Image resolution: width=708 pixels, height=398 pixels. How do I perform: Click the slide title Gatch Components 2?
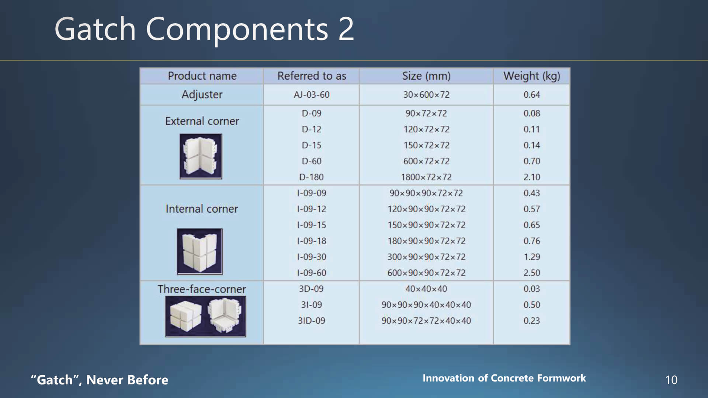click(204, 29)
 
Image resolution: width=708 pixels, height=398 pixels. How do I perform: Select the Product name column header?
click(202, 76)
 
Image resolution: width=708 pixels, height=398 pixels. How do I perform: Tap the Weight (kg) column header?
click(532, 76)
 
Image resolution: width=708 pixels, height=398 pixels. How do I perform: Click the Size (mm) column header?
click(426, 76)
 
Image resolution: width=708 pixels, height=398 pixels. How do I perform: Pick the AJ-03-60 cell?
click(312, 95)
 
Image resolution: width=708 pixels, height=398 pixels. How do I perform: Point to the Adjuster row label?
click(202, 95)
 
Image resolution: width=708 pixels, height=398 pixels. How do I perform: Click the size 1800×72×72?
click(426, 177)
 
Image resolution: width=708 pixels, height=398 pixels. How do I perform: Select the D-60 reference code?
click(312, 161)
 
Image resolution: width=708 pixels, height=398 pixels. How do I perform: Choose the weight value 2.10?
click(532, 177)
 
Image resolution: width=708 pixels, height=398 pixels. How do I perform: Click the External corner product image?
click(201, 156)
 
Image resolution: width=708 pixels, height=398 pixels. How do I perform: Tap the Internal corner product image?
click(200, 251)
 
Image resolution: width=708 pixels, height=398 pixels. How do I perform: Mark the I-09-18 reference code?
click(312, 241)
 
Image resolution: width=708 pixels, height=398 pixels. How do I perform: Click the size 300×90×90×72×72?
click(426, 257)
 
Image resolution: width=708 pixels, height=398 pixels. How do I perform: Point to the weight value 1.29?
click(532, 257)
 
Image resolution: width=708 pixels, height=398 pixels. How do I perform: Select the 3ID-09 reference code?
click(312, 321)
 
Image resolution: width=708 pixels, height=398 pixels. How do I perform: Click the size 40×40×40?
click(426, 289)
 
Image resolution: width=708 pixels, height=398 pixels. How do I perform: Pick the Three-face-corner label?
click(202, 289)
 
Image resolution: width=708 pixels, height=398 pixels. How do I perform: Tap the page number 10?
click(671, 380)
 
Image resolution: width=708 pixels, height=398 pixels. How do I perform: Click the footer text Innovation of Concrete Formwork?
click(504, 378)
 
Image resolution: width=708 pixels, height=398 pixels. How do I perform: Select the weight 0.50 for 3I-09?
click(532, 305)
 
